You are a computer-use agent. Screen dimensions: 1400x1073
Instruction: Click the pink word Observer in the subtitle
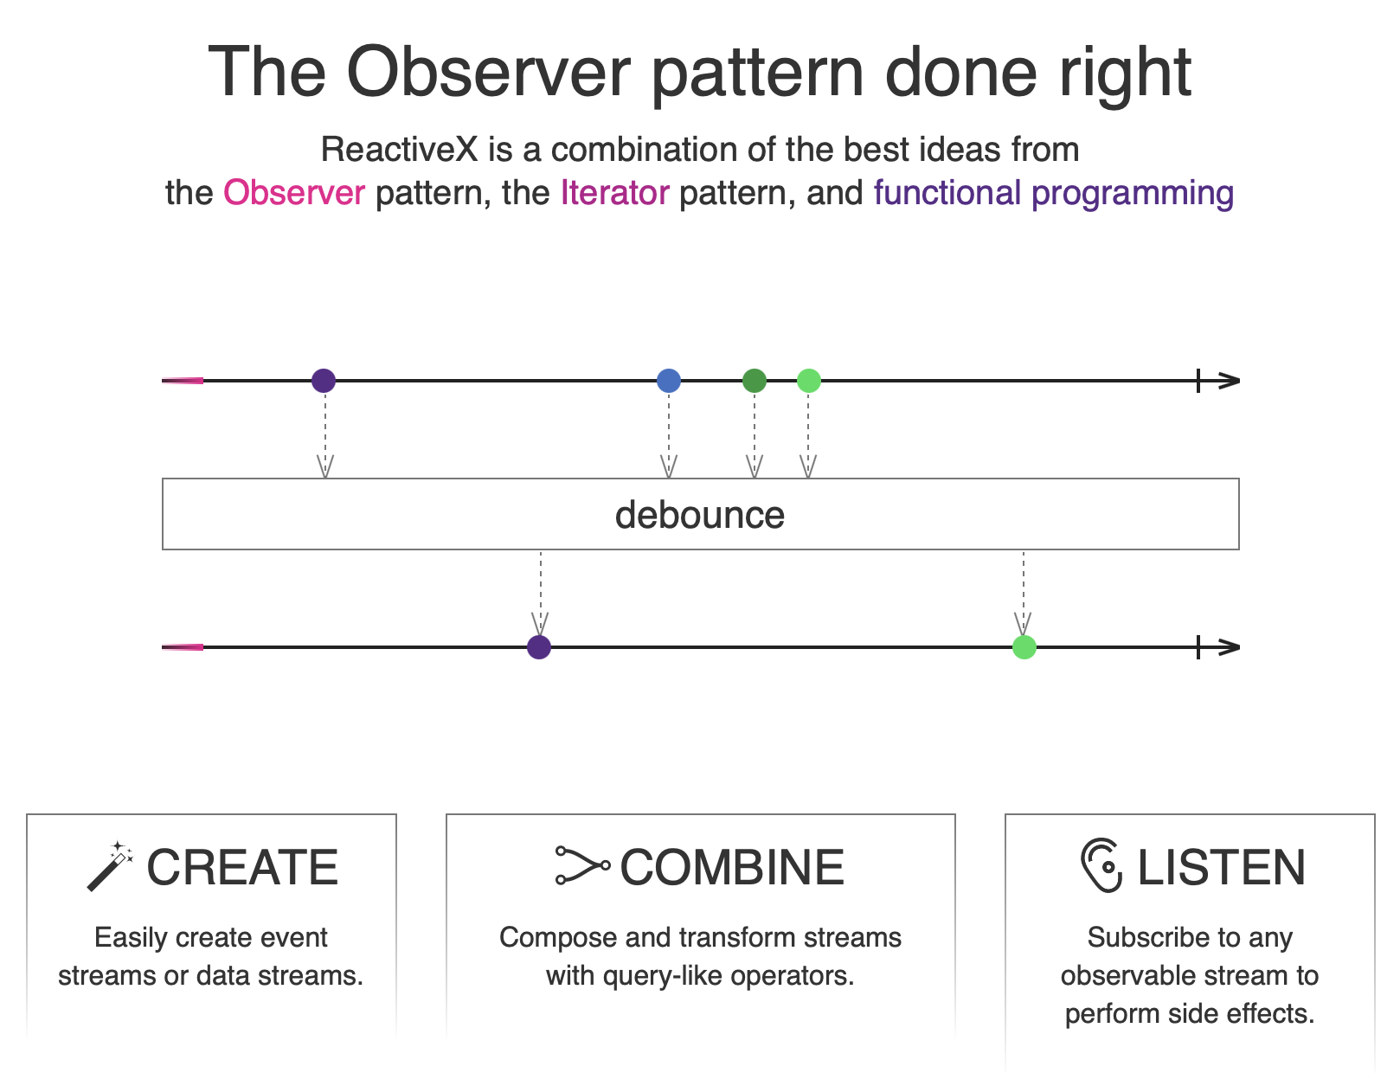click(294, 193)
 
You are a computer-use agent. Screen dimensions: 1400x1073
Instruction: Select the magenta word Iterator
click(614, 193)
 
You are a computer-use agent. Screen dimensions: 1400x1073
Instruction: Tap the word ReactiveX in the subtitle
click(400, 150)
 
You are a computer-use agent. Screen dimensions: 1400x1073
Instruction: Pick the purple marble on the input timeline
click(324, 381)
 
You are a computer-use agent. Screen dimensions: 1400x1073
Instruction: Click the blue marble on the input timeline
click(669, 381)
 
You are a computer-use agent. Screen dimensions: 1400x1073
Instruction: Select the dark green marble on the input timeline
click(755, 381)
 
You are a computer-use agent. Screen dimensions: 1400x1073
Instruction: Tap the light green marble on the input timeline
click(809, 381)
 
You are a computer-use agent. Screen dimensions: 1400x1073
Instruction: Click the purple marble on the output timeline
click(539, 647)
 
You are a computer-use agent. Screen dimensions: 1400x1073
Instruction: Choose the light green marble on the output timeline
click(1024, 647)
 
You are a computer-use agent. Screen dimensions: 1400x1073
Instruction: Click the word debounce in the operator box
click(700, 515)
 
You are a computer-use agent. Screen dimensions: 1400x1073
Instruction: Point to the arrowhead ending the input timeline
click(1230, 381)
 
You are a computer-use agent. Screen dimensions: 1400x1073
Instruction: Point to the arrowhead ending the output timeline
click(1230, 647)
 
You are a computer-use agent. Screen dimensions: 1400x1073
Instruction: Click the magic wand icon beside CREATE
click(110, 866)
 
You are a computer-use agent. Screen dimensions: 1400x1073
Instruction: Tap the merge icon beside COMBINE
click(582, 865)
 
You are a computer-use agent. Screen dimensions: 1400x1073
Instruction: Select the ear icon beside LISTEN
click(1101, 865)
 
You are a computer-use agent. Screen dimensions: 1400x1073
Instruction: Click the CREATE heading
click(242, 867)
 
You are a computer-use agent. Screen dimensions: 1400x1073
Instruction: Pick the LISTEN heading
click(1222, 867)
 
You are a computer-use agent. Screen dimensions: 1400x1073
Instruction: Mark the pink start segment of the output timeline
click(183, 647)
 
